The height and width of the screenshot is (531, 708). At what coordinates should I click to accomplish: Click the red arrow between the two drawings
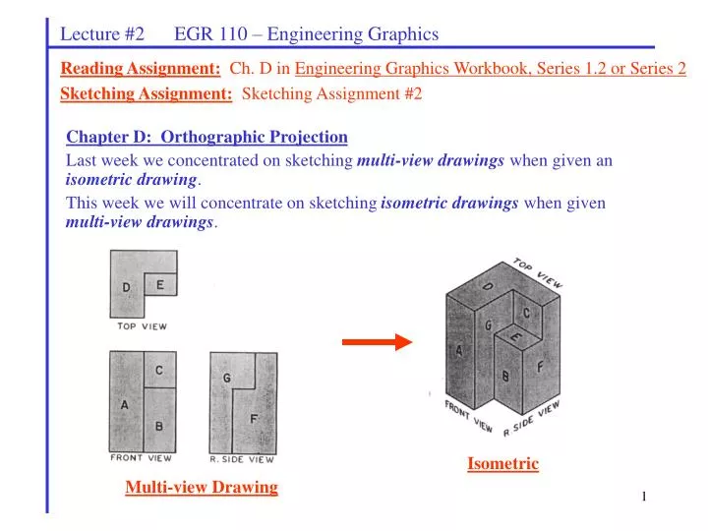point(377,342)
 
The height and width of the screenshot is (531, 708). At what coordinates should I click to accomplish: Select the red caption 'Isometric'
point(502,463)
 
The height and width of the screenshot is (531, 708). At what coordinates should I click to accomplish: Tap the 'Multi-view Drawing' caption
point(202,487)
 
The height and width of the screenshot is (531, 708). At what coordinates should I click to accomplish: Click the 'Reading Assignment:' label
point(141,69)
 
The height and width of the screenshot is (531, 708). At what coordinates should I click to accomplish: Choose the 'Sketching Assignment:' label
point(147,93)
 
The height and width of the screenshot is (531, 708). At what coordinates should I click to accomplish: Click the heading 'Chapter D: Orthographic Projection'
point(206,137)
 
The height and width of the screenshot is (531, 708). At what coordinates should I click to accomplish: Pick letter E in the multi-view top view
point(160,286)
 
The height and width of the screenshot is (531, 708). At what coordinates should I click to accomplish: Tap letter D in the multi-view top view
point(126,287)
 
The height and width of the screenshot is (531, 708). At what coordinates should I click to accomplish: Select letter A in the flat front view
point(124,404)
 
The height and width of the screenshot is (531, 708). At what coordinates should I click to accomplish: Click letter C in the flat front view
point(159,371)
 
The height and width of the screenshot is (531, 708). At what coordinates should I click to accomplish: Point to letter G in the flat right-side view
point(226,377)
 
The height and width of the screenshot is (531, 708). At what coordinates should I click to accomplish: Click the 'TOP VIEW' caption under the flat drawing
point(142,325)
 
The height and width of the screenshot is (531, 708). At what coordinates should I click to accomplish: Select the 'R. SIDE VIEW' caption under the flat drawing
point(242,459)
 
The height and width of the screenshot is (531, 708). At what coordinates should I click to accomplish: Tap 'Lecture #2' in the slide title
point(102,34)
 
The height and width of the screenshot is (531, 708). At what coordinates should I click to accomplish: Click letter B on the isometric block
point(505,376)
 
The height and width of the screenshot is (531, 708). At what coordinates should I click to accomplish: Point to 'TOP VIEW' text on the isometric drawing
point(537,273)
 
